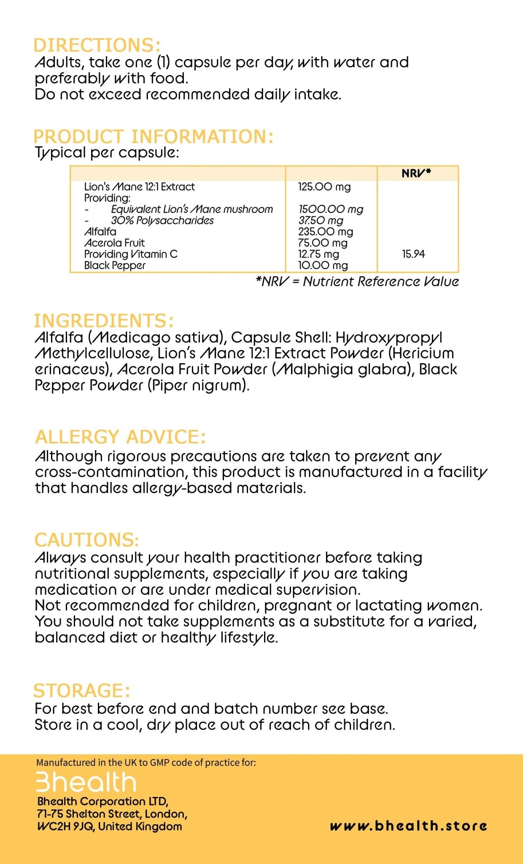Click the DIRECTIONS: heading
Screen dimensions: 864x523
(97, 46)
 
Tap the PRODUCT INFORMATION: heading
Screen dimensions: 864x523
(154, 137)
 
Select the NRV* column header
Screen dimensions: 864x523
(416, 173)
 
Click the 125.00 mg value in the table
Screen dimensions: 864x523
(324, 186)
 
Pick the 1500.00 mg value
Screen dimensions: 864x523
(331, 209)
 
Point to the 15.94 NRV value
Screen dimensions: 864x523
(413, 254)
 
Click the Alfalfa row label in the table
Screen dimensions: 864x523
(100, 232)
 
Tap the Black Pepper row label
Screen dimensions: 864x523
(115, 265)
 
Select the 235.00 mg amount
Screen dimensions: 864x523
(326, 232)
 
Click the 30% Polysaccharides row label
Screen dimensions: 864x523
(162, 220)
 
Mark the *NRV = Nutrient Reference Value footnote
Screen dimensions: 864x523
(357, 282)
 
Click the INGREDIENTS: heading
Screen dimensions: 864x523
(104, 321)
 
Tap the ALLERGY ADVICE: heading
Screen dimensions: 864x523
(121, 437)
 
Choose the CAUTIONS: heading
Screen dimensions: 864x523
(87, 540)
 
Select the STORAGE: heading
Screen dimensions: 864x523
(82, 691)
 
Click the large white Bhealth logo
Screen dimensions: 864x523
(86, 782)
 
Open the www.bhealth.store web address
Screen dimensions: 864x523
(408, 826)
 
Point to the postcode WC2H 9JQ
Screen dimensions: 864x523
(65, 826)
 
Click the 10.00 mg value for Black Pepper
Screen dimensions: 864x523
(323, 265)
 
